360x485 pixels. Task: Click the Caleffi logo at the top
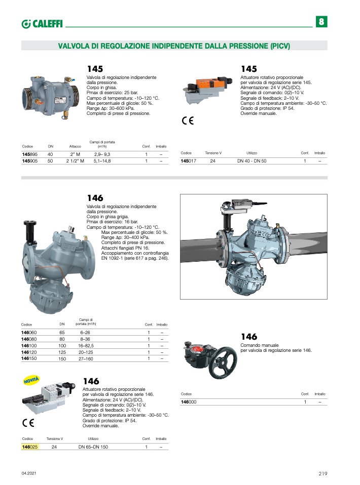(x=42, y=24)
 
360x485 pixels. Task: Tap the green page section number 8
(x=321, y=22)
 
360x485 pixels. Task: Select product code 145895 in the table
(x=30, y=154)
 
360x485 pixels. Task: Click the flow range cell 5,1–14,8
(x=102, y=161)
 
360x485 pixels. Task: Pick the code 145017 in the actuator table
(x=188, y=161)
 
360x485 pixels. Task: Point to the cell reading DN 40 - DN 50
(x=251, y=161)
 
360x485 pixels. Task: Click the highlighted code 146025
(x=30, y=447)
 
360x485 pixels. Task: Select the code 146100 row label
(x=29, y=346)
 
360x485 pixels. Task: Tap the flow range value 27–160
(x=86, y=359)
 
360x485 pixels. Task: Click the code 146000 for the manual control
(x=189, y=402)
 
